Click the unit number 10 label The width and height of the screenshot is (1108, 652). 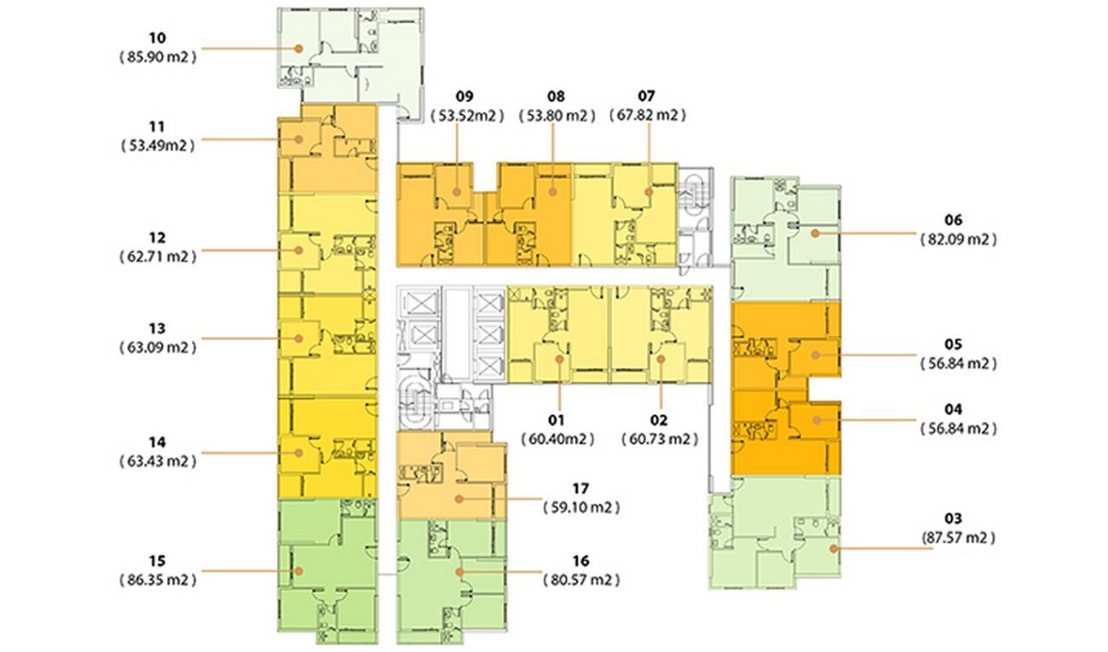(x=158, y=38)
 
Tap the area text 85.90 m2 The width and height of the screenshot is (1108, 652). (x=158, y=57)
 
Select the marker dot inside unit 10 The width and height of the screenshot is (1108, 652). (x=298, y=49)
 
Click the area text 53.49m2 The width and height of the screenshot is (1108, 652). (x=158, y=146)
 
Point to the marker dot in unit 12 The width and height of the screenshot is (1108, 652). (x=298, y=251)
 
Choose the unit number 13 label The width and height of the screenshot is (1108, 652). (x=158, y=328)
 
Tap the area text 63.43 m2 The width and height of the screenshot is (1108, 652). (x=158, y=461)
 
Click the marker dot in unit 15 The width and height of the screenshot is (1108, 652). (x=298, y=571)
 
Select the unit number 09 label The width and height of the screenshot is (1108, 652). (x=464, y=96)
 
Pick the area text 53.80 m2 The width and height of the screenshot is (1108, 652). (x=557, y=116)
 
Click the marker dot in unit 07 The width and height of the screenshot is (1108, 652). (x=649, y=192)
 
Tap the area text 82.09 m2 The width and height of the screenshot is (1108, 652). (x=958, y=239)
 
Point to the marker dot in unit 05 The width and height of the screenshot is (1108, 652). (x=816, y=355)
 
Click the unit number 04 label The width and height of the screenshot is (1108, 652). (x=953, y=410)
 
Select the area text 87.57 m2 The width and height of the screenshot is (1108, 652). (x=958, y=538)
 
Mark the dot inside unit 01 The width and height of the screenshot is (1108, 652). (x=559, y=359)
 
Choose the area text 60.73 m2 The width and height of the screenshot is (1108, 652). (x=660, y=439)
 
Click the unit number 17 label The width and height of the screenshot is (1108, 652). (x=580, y=488)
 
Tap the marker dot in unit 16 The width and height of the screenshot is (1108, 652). (x=459, y=572)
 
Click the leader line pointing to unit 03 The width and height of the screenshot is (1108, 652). (x=883, y=549)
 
